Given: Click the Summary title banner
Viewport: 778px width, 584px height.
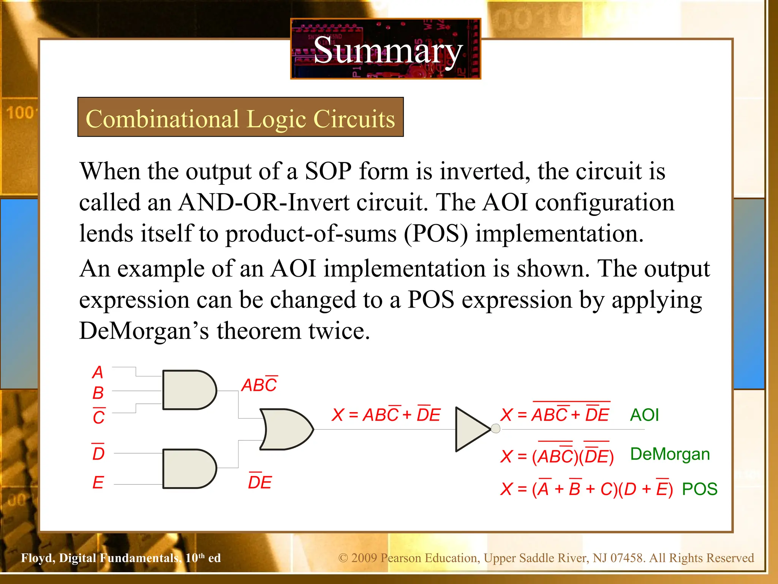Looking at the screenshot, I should coord(386,49).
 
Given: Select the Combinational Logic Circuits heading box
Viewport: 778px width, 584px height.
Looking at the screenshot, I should coord(240,117).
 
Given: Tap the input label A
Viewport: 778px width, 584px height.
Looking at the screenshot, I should coord(98,372).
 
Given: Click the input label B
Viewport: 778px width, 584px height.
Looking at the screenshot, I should coord(98,393).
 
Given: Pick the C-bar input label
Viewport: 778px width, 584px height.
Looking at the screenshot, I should coord(99,417).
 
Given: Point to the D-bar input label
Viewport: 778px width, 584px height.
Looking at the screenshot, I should coord(98,453).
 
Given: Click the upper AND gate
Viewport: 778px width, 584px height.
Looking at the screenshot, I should coord(188,390).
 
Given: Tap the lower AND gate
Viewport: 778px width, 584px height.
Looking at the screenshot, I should coord(188,469).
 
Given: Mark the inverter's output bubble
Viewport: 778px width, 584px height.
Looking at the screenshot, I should coord(495,429).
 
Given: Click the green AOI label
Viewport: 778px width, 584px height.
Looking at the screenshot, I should coord(644,415).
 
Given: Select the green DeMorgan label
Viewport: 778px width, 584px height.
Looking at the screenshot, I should coord(670,454).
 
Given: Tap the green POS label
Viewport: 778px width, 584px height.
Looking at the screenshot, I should coord(699,489).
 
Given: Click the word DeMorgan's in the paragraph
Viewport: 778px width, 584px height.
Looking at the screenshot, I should coord(144,331).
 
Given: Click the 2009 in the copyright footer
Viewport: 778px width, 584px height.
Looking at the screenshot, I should coord(364,558).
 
